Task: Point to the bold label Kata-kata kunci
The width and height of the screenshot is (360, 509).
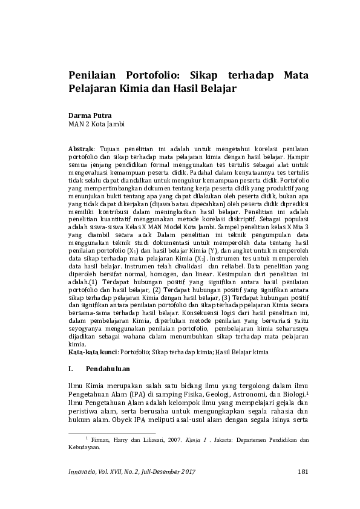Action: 93,351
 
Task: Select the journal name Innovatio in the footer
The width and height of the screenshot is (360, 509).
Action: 82,471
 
